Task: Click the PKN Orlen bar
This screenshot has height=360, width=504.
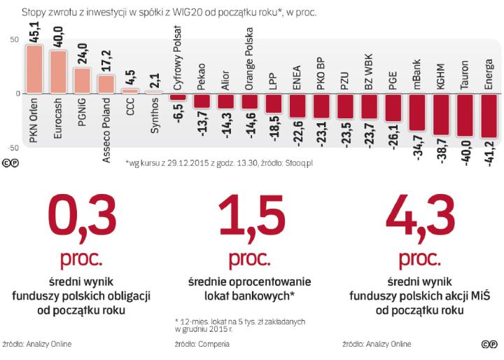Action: tap(34, 69)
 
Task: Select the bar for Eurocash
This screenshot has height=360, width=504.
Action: tap(58, 72)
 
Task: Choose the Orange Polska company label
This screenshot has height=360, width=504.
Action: tap(249, 62)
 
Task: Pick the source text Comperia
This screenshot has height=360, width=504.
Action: tap(211, 344)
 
